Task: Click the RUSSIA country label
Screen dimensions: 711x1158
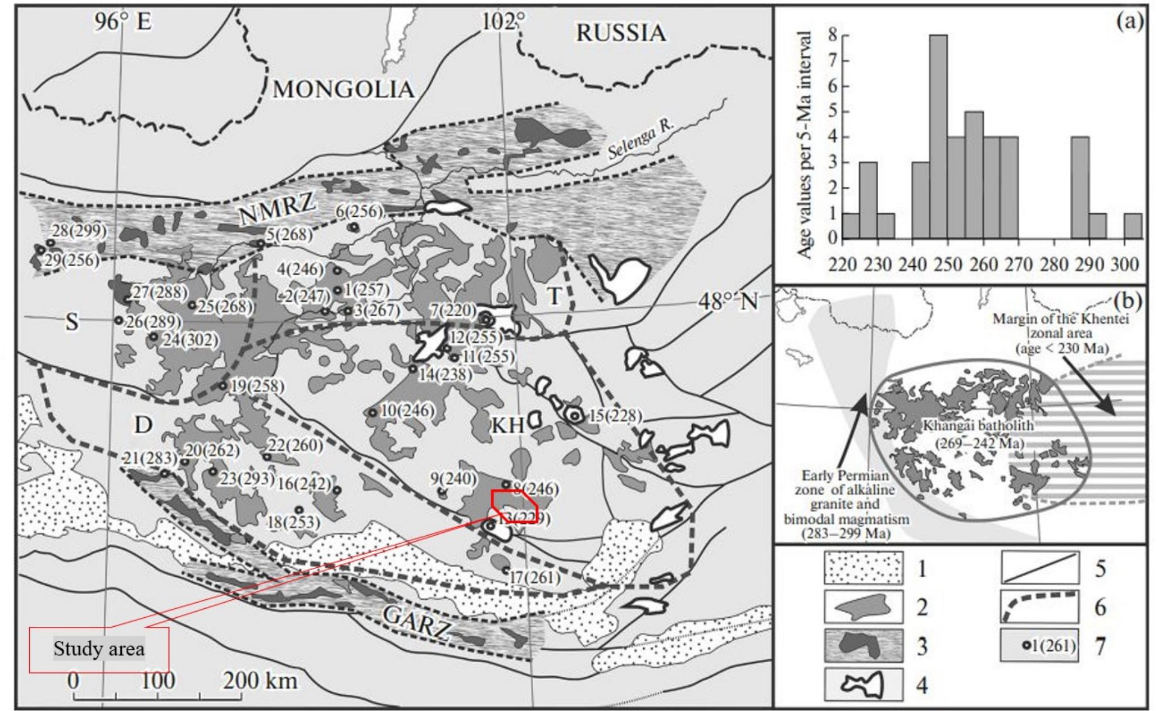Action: [x=620, y=34]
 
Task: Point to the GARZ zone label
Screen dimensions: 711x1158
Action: [x=416, y=621]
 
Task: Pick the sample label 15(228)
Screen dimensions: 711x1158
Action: [x=615, y=416]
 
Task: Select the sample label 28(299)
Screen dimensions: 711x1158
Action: [x=79, y=231]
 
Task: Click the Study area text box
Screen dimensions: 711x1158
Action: [x=99, y=649]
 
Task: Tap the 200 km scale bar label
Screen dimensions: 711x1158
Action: [x=260, y=681]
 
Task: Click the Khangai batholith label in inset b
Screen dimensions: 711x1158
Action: [x=978, y=426]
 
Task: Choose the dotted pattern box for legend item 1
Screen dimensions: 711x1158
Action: [x=864, y=568]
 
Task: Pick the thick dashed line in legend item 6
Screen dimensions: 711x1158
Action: [x=1039, y=607]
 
